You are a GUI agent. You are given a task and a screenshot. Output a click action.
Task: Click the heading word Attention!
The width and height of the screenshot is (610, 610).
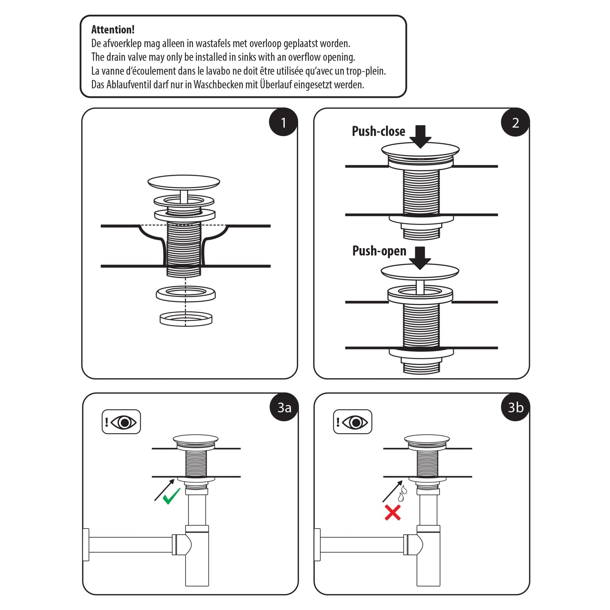coord(113,30)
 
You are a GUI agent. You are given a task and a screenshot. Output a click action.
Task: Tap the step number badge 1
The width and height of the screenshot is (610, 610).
coord(283,122)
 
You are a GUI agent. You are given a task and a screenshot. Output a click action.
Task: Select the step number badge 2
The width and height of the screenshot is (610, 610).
coord(515,122)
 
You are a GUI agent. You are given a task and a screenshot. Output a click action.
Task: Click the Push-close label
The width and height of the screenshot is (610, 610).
coord(378,131)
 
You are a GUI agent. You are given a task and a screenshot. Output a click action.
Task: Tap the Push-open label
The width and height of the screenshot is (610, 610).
coord(379,251)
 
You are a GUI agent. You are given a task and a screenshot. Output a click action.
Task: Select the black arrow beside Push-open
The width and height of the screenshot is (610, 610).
coord(420,258)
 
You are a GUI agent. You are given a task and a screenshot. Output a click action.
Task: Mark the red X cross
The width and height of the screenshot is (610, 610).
coord(393,512)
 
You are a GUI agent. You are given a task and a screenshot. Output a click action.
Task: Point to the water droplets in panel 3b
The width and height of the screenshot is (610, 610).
coord(402,494)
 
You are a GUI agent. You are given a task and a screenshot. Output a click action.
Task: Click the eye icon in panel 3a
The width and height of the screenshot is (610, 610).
coord(124,422)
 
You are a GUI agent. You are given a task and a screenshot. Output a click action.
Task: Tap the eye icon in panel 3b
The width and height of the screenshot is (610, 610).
coord(355,422)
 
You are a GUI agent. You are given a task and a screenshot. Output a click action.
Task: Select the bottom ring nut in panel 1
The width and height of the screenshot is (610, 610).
coord(186,319)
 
